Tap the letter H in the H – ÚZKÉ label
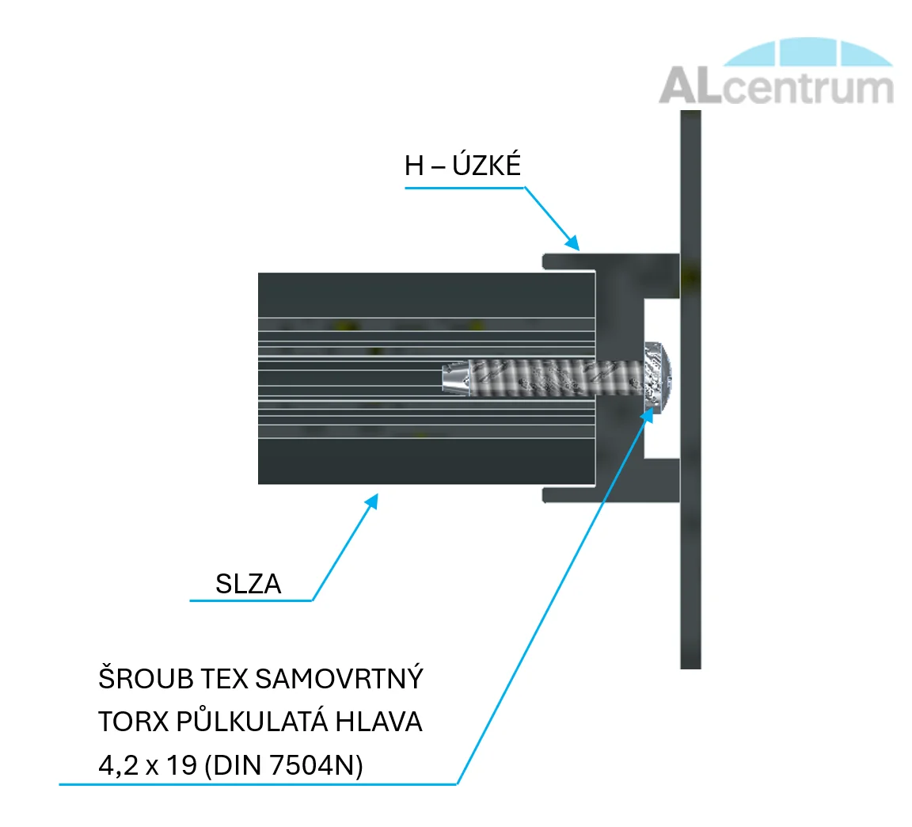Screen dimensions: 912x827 point(414,166)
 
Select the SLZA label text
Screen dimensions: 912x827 point(249,584)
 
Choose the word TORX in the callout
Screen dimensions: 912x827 point(133,722)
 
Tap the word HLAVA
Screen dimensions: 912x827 point(378,722)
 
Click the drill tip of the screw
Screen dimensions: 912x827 point(456,377)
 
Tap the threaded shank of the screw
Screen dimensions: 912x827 point(557,377)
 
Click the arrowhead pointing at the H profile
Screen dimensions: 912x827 point(573,242)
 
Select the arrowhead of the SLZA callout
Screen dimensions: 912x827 point(372,501)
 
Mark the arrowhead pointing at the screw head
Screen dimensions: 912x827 point(648,416)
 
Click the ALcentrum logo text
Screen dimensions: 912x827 point(777,86)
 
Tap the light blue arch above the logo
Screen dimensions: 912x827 point(808,51)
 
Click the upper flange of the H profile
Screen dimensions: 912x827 point(610,261)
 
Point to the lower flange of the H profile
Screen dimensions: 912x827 point(610,494)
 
